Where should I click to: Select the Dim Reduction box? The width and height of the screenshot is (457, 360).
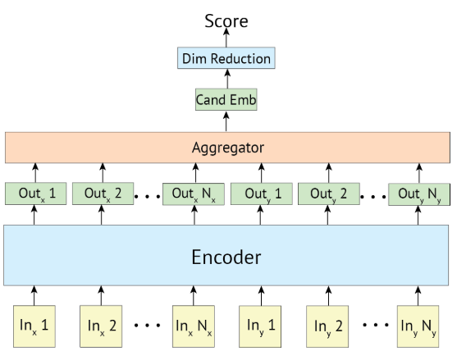click(226, 59)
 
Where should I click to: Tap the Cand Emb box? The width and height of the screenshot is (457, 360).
click(226, 100)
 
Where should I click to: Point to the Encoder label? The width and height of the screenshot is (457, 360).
click(226, 257)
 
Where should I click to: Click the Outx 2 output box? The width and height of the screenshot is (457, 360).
click(103, 194)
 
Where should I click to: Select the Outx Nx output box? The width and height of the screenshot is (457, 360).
click(194, 194)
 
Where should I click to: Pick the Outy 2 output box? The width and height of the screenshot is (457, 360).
click(327, 194)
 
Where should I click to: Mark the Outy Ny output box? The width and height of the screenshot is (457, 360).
click(418, 194)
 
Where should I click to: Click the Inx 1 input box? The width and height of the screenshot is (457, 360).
click(34, 325)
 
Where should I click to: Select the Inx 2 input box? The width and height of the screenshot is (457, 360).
click(103, 325)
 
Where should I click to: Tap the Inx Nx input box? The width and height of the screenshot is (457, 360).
click(194, 325)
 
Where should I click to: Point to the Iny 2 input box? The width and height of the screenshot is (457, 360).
click(327, 325)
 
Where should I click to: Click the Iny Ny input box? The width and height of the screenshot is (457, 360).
click(418, 325)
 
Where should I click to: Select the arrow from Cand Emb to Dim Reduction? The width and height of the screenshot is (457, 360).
click(226, 80)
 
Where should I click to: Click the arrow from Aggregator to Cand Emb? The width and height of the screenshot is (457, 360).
click(226, 121)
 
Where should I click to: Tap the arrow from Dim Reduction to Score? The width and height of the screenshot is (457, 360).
click(226, 39)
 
